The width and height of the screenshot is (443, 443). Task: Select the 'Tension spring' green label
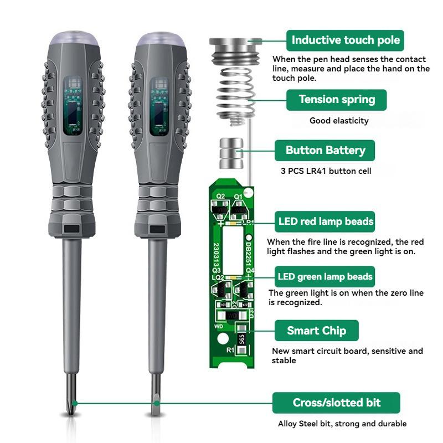[x=336, y=100]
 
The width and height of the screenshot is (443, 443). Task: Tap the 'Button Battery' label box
[x=325, y=150]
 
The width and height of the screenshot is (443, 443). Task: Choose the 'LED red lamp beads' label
[x=326, y=221]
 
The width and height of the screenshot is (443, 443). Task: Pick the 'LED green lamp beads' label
[x=325, y=276]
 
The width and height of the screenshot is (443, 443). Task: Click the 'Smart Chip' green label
[x=316, y=331]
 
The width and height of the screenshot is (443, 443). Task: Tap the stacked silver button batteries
[x=231, y=153]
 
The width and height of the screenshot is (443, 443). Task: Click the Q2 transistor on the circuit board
[x=220, y=209]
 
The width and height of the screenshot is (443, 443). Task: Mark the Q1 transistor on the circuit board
[x=238, y=209]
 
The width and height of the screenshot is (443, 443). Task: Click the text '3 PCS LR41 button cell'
[x=326, y=171]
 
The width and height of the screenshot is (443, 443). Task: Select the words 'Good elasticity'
[x=338, y=120]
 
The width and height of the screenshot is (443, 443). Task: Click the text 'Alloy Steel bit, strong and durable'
[x=342, y=424]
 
